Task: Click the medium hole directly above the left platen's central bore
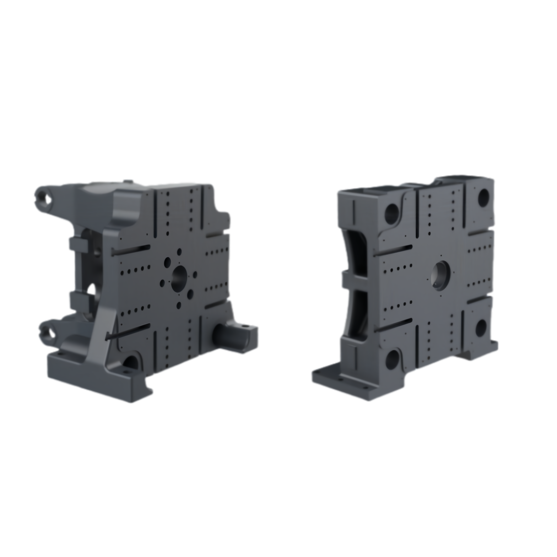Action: coord(179,252)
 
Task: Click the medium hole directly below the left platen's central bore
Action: coord(179,305)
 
